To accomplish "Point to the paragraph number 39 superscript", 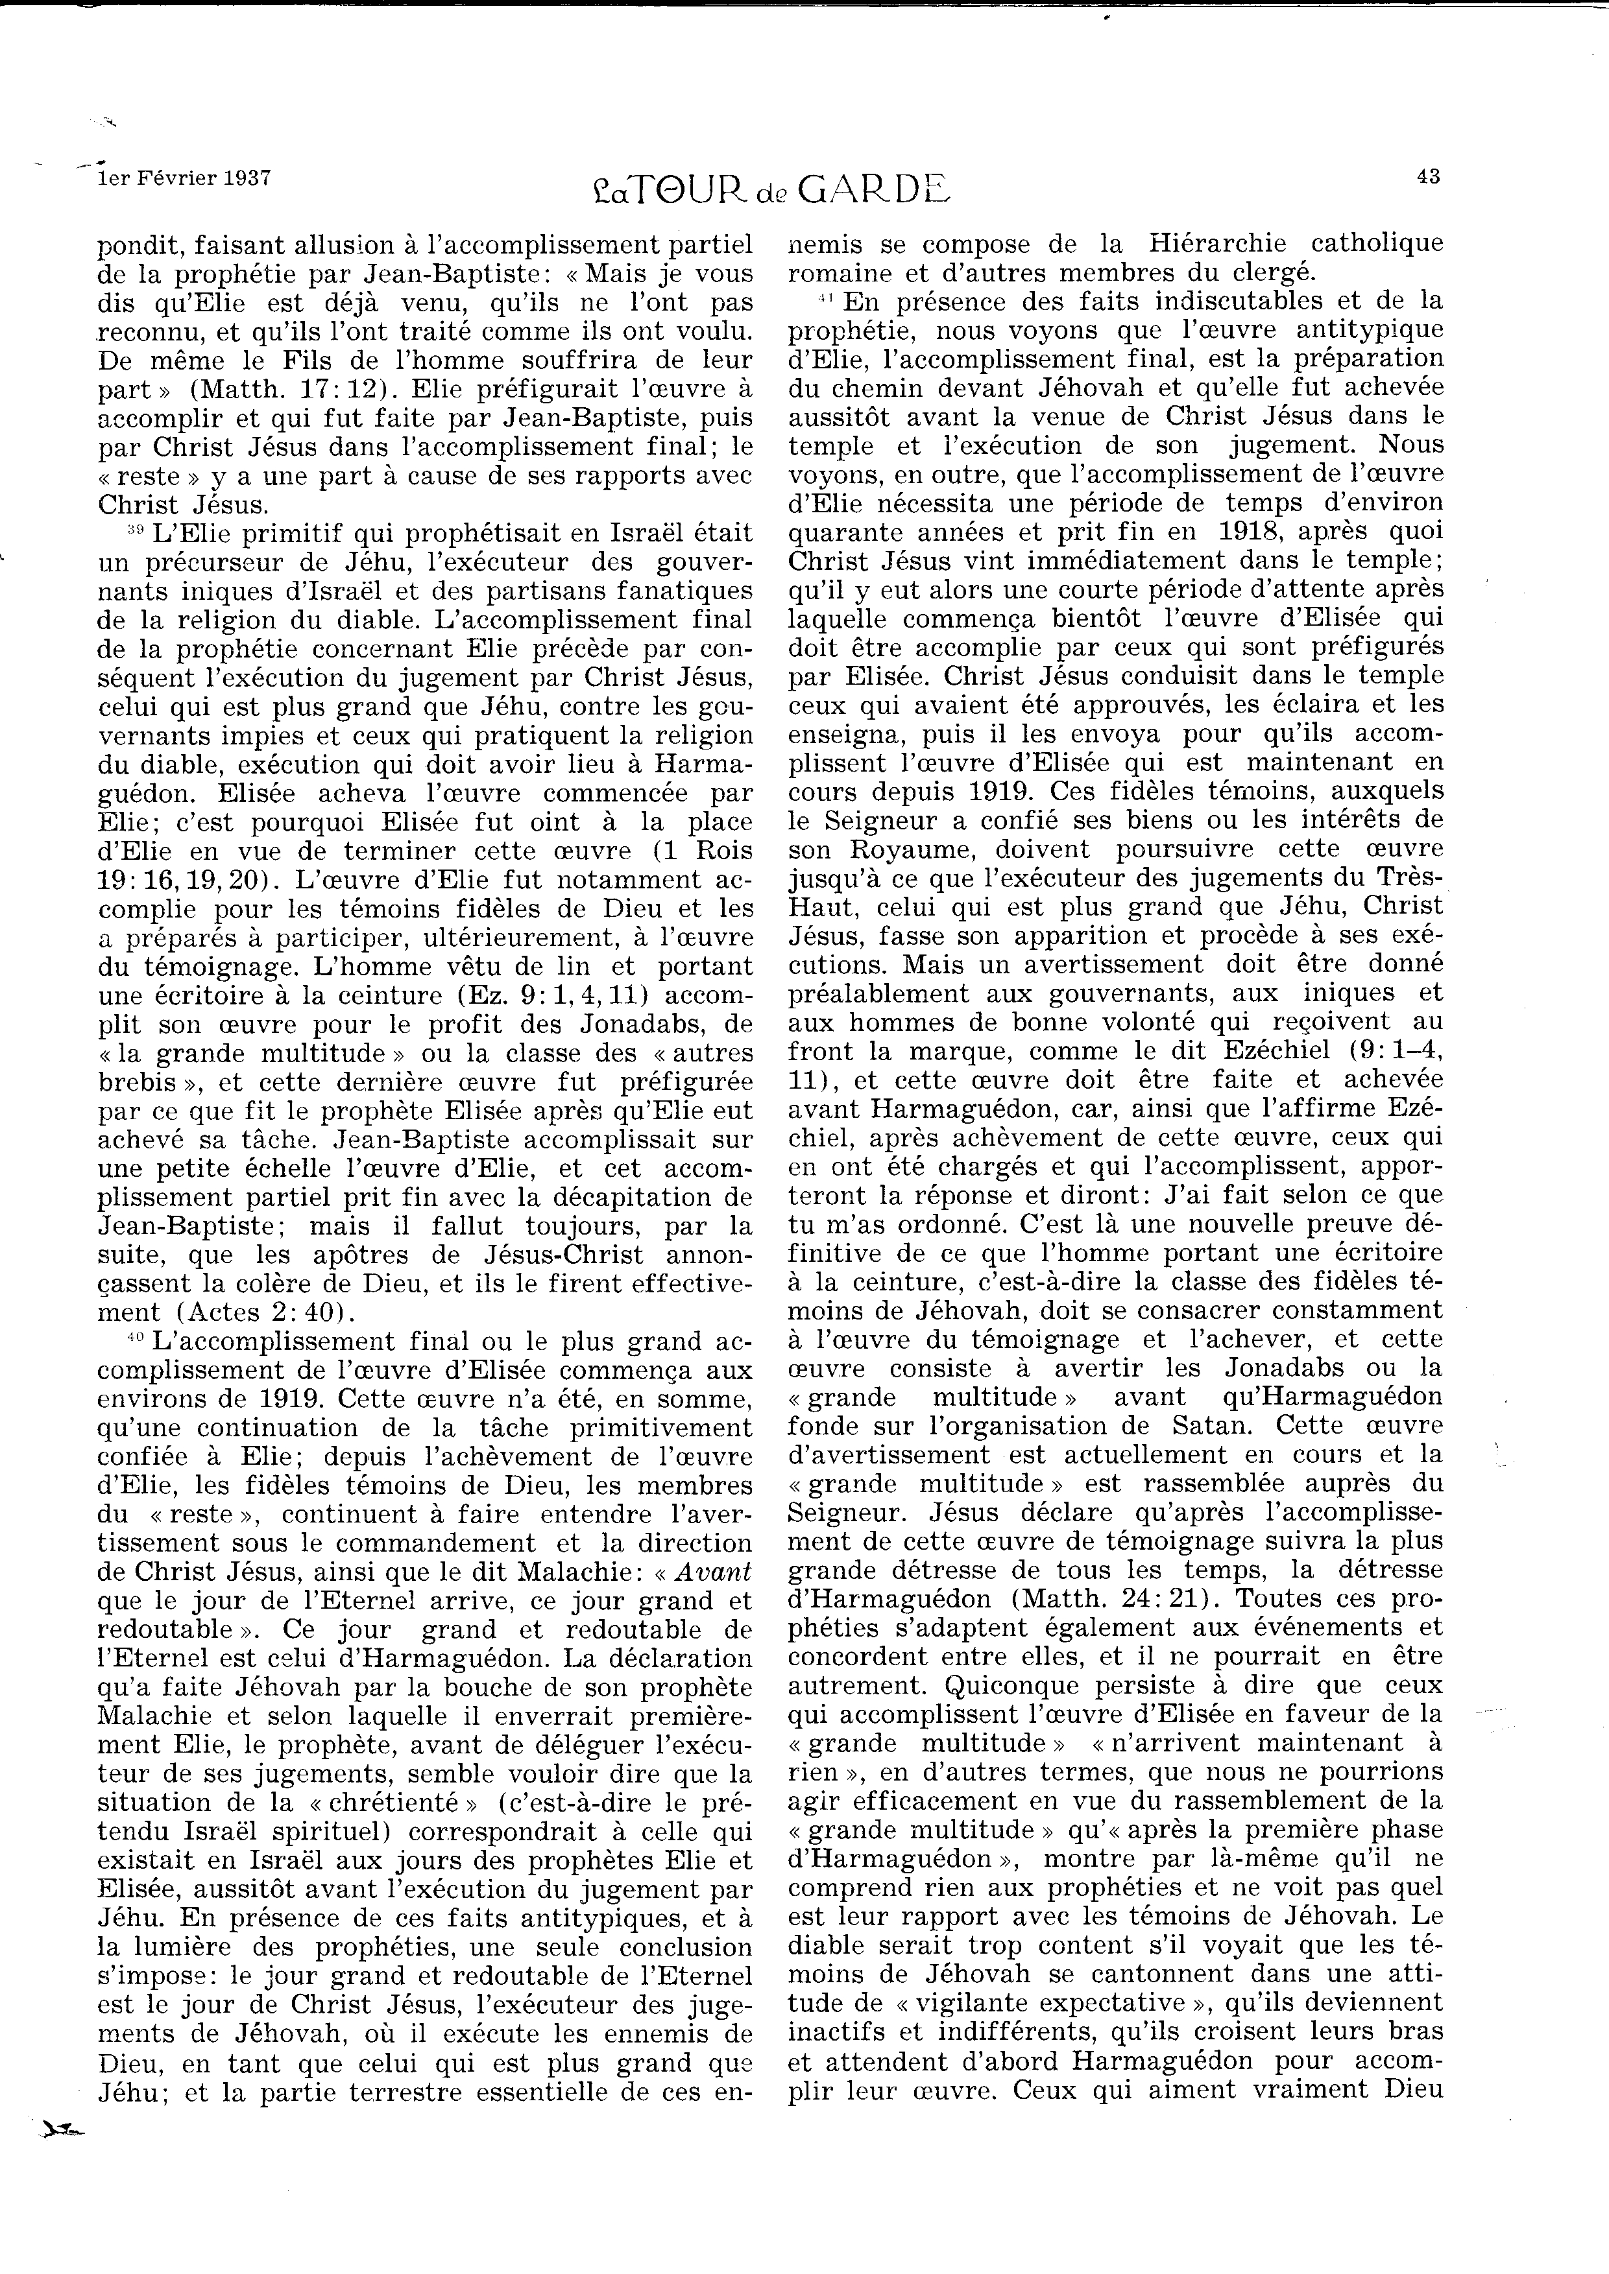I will click(x=135, y=530).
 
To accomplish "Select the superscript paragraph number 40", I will click(x=135, y=1338).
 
